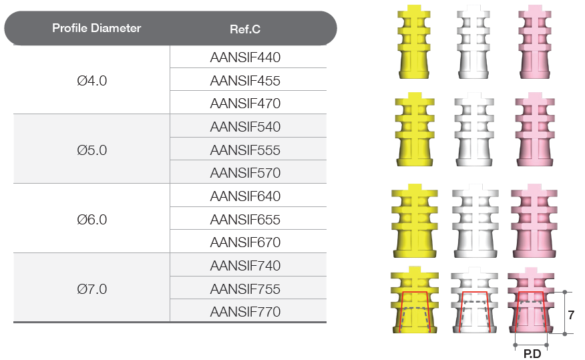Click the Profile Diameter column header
pyautogui.click(x=97, y=28)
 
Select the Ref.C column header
pyautogui.click(x=245, y=29)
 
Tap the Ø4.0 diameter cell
pyautogui.click(x=91, y=81)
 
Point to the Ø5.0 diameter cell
pyautogui.click(x=91, y=150)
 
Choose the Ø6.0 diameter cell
pyautogui.click(x=91, y=219)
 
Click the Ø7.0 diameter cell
pyautogui.click(x=91, y=289)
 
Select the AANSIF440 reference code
pyautogui.click(x=245, y=57)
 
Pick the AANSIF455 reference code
pyautogui.click(x=245, y=81)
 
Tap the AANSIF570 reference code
pyautogui.click(x=245, y=173)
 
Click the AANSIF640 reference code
pyautogui.click(x=245, y=196)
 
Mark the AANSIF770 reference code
pyautogui.click(x=245, y=311)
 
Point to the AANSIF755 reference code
pyautogui.click(x=245, y=289)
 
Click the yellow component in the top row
pyautogui.click(x=414, y=42)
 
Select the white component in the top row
pyautogui.click(x=473, y=42)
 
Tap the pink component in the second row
pyautogui.click(x=535, y=130)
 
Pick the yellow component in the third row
pyautogui.click(x=415, y=220)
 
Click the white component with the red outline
pyautogui.click(x=474, y=300)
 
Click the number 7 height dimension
pyautogui.click(x=571, y=315)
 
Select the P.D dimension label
pyautogui.click(x=532, y=354)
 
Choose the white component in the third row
pyautogui.click(x=475, y=220)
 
